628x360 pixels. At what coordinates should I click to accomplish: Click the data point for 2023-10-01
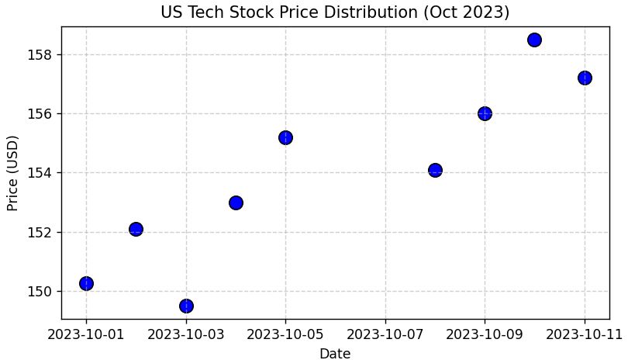86,283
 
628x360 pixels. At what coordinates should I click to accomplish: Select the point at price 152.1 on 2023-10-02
136,229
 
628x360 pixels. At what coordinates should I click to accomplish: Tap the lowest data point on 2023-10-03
186,306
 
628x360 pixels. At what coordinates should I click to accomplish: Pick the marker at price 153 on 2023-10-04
236,202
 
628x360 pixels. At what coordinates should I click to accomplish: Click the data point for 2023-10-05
285,137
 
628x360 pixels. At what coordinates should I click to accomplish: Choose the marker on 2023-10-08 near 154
435,170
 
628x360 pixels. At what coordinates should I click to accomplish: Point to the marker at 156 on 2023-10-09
485,113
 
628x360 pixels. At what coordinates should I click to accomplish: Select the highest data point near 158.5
534,40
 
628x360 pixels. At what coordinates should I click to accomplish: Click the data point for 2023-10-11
585,78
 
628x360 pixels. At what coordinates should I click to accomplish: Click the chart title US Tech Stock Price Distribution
335,12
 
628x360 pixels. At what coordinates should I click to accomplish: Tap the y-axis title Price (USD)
12,173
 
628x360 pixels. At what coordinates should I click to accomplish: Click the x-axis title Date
335,354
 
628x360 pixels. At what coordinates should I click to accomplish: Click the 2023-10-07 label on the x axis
385,334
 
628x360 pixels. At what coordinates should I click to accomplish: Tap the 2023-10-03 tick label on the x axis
186,334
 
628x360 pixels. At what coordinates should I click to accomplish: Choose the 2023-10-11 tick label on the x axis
585,334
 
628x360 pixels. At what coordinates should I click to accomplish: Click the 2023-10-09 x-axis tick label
485,334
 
